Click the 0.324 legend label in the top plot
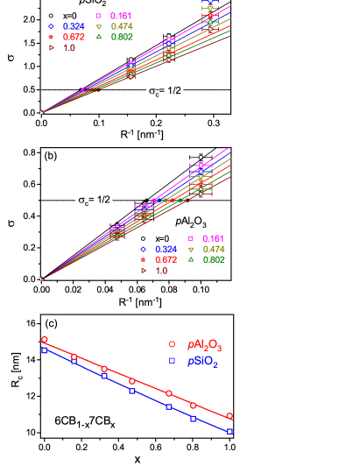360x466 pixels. [x=74, y=26]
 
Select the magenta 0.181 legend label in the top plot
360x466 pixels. [x=121, y=16]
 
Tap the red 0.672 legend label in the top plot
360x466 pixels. [x=74, y=37]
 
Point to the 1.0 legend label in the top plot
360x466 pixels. [x=68, y=48]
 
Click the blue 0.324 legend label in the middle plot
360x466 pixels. [x=166, y=250]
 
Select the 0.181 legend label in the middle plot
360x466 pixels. [x=213, y=238]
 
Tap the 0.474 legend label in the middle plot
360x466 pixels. [x=213, y=250]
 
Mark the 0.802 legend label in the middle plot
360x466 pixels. [x=213, y=260]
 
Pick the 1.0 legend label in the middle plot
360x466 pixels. [x=161, y=271]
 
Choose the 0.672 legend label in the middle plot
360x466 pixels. [x=166, y=260]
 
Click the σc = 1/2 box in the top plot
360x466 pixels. [x=165, y=90]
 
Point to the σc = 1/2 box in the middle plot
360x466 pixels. [x=94, y=200]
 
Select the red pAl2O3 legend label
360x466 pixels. [x=204, y=345]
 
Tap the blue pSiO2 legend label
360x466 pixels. [x=202, y=361]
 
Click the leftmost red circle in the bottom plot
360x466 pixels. [x=44, y=339]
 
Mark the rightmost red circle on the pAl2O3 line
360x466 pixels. [x=229, y=416]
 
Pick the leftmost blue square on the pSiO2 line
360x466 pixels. [x=44, y=350]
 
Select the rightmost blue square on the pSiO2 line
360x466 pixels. [x=229, y=431]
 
